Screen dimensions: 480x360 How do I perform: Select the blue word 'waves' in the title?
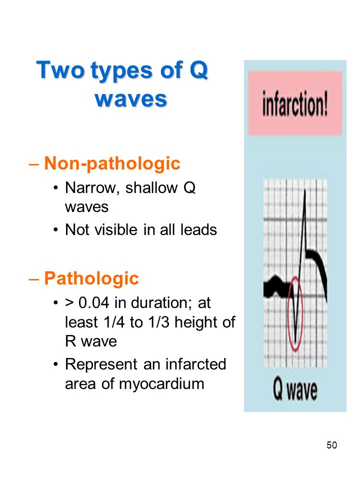(130, 98)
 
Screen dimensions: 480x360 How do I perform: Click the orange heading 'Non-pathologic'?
(112, 163)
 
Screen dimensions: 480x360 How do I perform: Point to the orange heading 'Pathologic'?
(91, 278)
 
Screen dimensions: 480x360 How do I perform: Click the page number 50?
(331, 444)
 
